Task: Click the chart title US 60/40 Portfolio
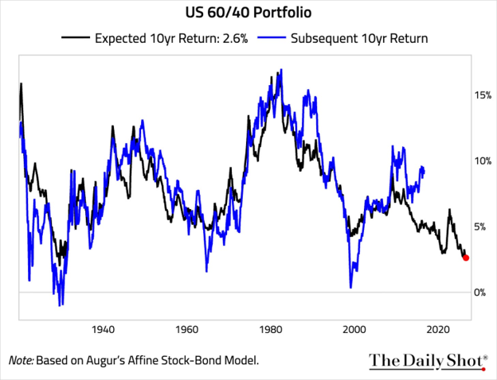(248, 13)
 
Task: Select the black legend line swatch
(76, 37)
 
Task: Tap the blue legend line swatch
(272, 37)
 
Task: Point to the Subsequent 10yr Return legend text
(359, 38)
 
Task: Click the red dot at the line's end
(466, 258)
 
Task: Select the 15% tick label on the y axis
(483, 95)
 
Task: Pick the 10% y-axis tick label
(483, 161)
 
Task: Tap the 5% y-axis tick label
(480, 227)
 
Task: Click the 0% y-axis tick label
(480, 293)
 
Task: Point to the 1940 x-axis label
(103, 330)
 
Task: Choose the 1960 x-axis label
(186, 330)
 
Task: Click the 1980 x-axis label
(270, 330)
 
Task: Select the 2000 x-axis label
(354, 330)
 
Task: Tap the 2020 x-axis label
(438, 330)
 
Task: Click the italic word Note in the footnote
(21, 360)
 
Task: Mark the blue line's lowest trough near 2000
(350, 287)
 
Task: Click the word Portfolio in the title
(282, 13)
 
